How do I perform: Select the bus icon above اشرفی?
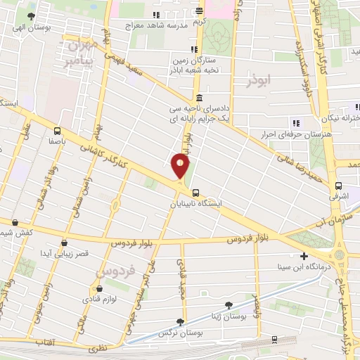339,187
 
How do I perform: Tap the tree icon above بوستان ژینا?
229,304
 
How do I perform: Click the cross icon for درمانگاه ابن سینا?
303,257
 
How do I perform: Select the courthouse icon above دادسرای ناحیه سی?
200,98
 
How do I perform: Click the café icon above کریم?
200,10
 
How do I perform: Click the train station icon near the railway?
273,340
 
